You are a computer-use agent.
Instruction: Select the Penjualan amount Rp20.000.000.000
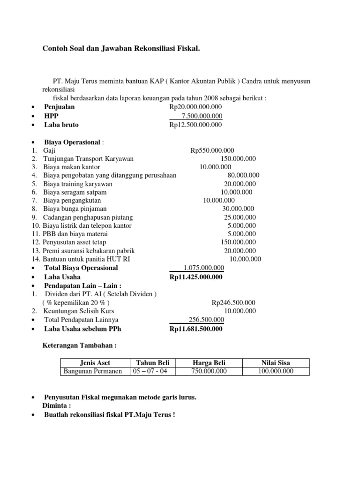(x=195, y=107)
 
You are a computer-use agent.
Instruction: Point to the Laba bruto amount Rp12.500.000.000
(x=195, y=125)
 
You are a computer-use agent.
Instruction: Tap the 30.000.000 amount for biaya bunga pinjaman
(x=238, y=209)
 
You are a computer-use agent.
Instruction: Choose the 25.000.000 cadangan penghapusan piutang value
(x=240, y=217)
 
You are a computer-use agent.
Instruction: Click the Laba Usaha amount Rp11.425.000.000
(x=196, y=277)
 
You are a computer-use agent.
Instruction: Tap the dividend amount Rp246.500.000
(x=233, y=302)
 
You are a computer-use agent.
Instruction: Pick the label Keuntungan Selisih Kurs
(x=79, y=311)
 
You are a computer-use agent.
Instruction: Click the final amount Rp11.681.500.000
(x=196, y=329)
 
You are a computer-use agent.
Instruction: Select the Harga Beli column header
(x=209, y=363)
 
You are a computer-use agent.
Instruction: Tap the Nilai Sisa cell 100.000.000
(x=276, y=371)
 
